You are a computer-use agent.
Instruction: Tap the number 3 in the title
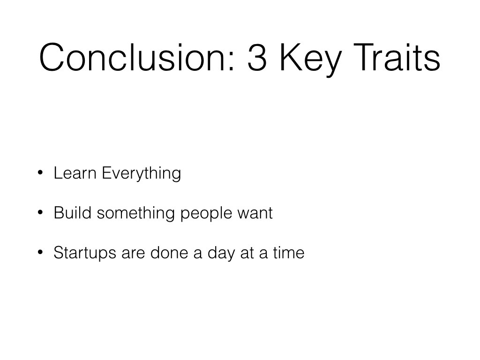point(257,57)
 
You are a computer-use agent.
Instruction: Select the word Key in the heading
point(311,60)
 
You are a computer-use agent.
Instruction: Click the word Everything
point(142,173)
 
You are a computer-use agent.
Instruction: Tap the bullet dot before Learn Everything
point(40,172)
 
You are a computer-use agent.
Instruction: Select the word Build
point(73,212)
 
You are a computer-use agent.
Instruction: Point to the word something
point(136,214)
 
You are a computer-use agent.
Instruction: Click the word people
point(206,214)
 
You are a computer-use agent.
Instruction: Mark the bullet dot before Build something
point(40,212)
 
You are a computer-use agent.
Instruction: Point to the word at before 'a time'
point(247,253)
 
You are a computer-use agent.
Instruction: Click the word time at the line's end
point(289,253)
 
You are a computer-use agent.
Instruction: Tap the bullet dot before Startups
point(40,252)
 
